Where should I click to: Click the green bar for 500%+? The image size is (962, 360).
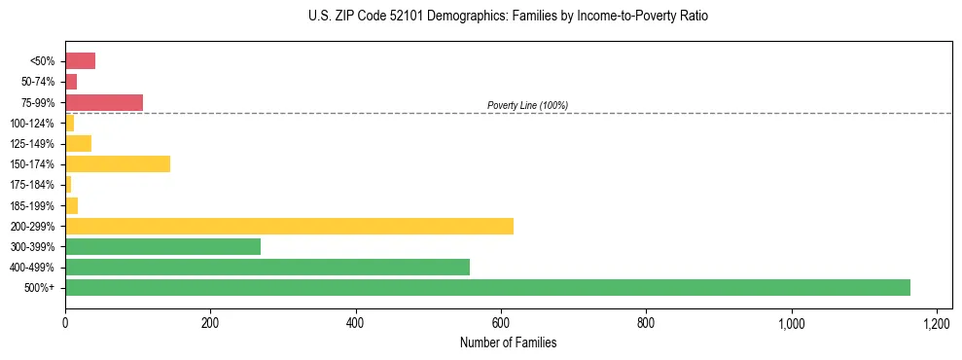[487, 288]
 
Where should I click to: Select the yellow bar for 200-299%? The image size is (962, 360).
[289, 227]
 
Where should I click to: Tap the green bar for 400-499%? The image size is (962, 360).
[267, 268]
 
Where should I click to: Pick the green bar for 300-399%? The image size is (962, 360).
[162, 247]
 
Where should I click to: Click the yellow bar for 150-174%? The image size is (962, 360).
[118, 164]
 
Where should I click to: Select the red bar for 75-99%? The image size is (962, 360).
[104, 102]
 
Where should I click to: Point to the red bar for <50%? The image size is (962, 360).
[80, 61]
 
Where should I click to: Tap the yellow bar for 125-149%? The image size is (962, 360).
[78, 144]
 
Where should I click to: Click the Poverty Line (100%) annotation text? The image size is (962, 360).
[527, 105]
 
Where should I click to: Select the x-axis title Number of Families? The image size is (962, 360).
[508, 342]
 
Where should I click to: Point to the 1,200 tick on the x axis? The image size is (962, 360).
[937, 322]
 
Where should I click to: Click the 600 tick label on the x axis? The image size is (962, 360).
[501, 322]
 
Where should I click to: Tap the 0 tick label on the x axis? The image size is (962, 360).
[65, 322]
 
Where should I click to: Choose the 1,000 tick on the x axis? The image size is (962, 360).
[791, 322]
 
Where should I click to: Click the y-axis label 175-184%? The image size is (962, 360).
[32, 185]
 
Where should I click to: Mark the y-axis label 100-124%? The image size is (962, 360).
[32, 124]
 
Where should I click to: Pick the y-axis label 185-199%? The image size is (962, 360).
[32, 206]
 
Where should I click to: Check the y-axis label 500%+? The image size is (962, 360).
[39, 288]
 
